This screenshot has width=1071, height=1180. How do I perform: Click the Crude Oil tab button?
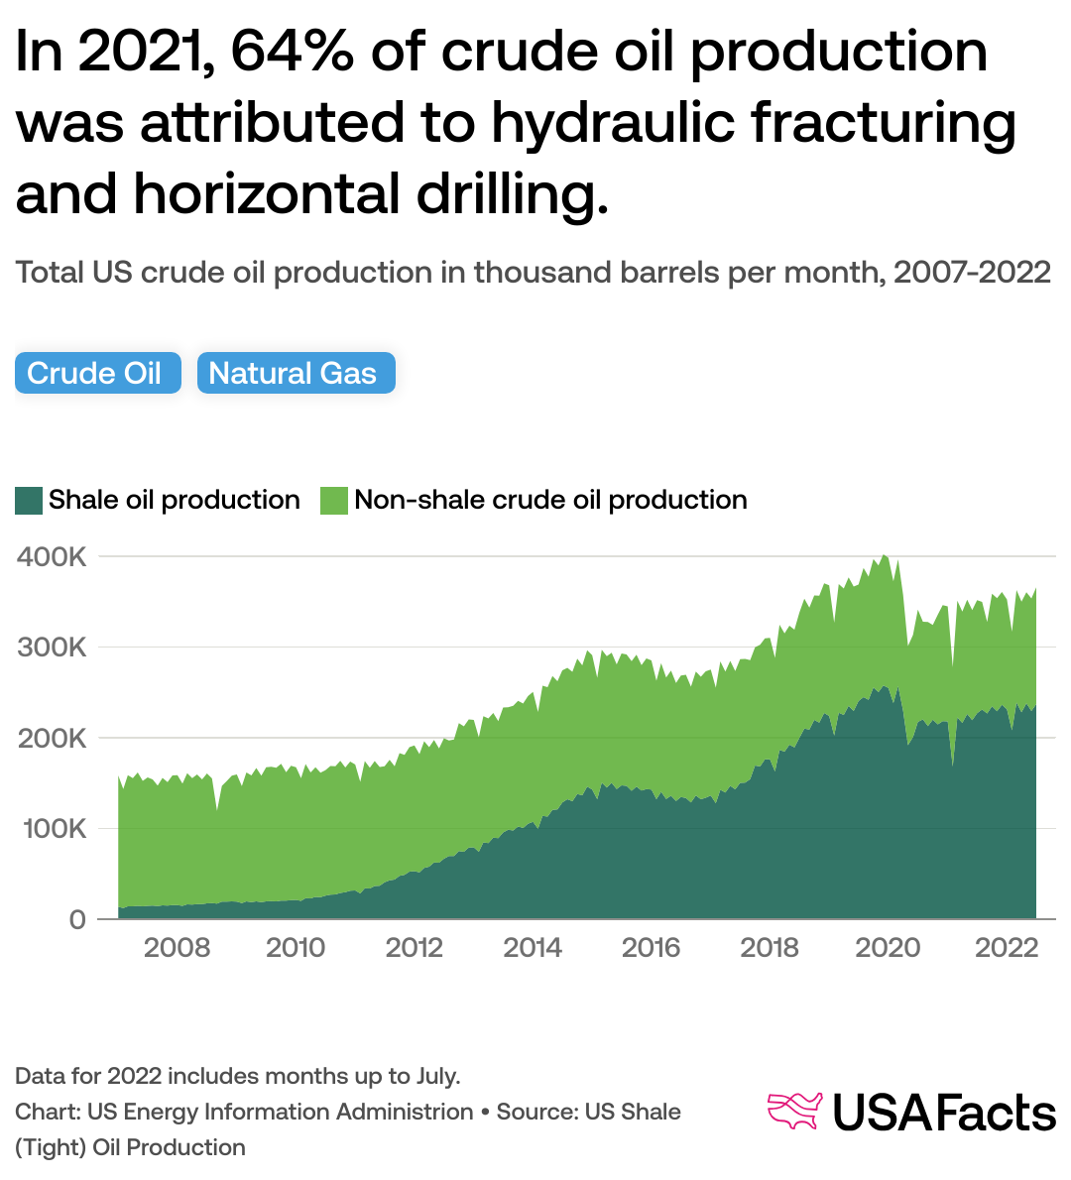[x=97, y=374]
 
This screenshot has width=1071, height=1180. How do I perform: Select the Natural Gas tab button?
[x=296, y=374]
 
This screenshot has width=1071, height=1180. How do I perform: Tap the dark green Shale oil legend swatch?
[x=29, y=500]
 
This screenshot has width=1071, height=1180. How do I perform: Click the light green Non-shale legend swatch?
[x=334, y=500]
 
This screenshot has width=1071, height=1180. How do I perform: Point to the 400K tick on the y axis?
[x=53, y=557]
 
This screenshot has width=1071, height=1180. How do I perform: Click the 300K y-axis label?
[x=53, y=648]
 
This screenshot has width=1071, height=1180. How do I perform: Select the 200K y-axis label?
[x=53, y=739]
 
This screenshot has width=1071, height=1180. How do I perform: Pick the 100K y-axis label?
[x=53, y=829]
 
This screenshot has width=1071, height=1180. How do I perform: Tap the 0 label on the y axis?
[x=76, y=919]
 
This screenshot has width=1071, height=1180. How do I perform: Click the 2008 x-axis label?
[x=177, y=948]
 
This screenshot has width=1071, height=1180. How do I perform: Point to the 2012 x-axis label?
[x=414, y=948]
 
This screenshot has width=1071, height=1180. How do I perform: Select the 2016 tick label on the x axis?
[x=651, y=948]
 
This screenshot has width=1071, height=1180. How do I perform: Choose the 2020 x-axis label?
[x=888, y=948]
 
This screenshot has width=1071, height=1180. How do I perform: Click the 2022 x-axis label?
[x=1007, y=948]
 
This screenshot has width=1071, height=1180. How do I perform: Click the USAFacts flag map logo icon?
[x=795, y=1111]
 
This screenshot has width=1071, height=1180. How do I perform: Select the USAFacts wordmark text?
[x=943, y=1113]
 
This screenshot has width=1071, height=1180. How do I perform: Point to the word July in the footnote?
[x=432, y=1076]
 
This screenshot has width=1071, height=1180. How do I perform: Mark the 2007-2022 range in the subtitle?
[x=972, y=273]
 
